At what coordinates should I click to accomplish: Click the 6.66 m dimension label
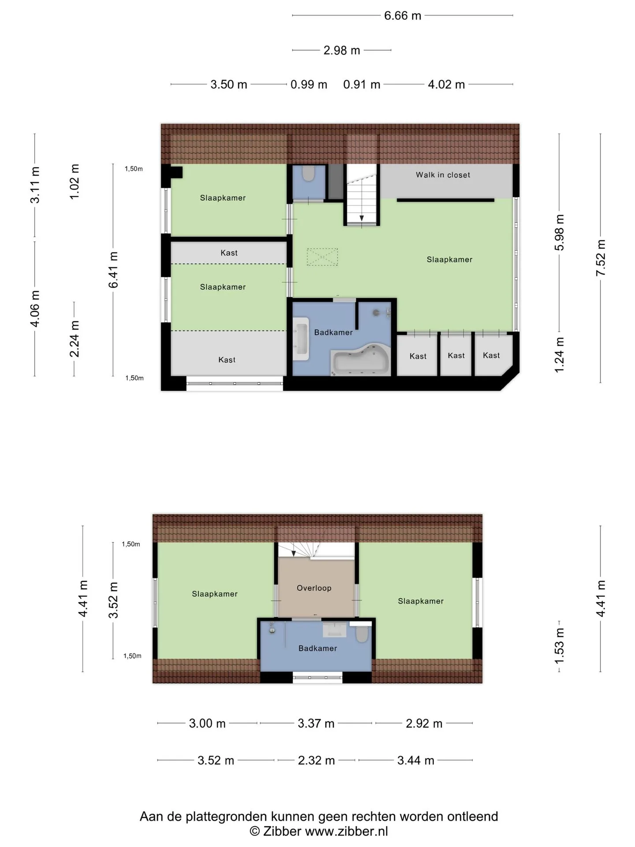pyautogui.click(x=403, y=15)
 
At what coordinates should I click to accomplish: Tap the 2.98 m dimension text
pyautogui.click(x=342, y=50)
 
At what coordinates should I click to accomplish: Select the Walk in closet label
pyautogui.click(x=443, y=175)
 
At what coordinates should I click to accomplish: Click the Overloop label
pyautogui.click(x=314, y=588)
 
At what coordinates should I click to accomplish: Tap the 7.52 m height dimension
pyautogui.click(x=601, y=258)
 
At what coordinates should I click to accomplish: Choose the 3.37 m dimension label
pyautogui.click(x=316, y=723)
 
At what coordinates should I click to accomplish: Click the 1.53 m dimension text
pyautogui.click(x=559, y=646)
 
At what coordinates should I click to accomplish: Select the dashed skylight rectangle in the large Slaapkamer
pyautogui.click(x=322, y=257)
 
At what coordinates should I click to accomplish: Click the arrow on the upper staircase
pyautogui.click(x=362, y=217)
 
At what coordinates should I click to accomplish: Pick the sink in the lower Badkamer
pyautogui.click(x=335, y=630)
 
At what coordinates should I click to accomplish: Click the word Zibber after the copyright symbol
pyautogui.click(x=282, y=831)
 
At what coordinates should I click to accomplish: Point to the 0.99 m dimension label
pyautogui.click(x=309, y=84)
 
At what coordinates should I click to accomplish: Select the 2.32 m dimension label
pyautogui.click(x=316, y=761)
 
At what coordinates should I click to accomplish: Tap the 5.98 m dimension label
pyautogui.click(x=559, y=232)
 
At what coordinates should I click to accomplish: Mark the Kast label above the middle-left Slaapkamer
pyautogui.click(x=229, y=253)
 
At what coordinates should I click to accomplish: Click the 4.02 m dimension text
pyautogui.click(x=446, y=84)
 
